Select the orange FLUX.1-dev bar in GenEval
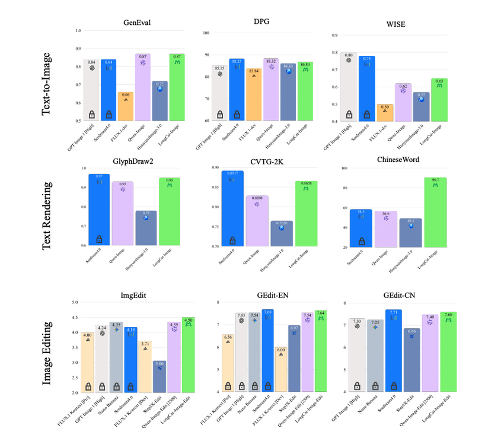pos(126,107)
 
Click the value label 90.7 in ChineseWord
pos(436,180)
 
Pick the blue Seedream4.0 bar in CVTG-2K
pos(232,208)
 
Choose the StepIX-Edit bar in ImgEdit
pos(159,377)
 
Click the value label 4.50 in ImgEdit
pos(189,321)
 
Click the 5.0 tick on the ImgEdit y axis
pos(75,303)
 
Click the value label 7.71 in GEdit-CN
pos(394,312)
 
